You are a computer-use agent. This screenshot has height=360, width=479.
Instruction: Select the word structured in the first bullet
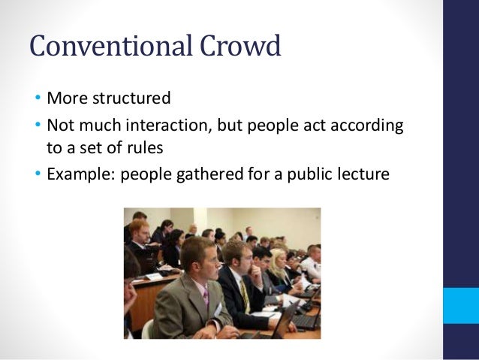[129, 98]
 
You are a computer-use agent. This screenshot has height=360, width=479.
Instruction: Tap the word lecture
[363, 174]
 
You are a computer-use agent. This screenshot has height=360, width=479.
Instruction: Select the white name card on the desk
[153, 276]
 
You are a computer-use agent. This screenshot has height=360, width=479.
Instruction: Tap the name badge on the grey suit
[218, 307]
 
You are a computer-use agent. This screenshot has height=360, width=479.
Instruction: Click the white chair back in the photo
[148, 330]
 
